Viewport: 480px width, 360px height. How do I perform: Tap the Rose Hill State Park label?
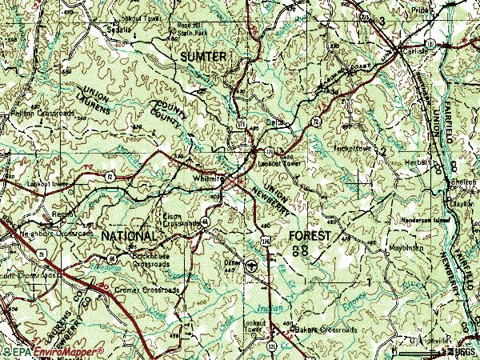[x=191, y=29]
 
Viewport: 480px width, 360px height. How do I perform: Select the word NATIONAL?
[x=130, y=238]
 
